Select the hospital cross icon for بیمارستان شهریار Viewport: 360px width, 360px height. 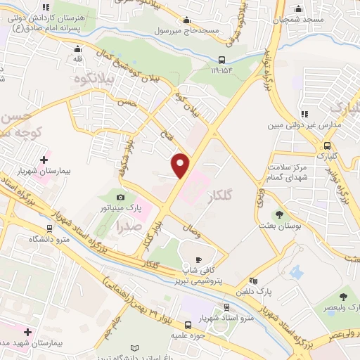click(x=44, y=160)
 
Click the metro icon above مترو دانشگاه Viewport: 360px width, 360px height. click(x=49, y=229)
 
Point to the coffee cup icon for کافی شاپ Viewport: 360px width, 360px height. click(x=198, y=259)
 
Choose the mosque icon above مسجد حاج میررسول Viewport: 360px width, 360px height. click(x=186, y=20)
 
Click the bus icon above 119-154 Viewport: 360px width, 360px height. click(x=221, y=60)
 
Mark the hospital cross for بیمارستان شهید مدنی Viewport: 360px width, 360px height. click(x=27, y=332)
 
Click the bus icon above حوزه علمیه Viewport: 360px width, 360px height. click(x=188, y=324)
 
